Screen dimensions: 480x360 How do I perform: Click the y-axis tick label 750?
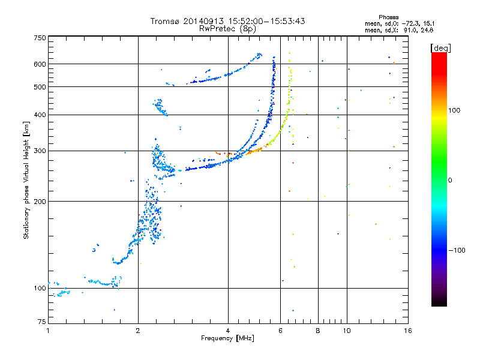click(40, 38)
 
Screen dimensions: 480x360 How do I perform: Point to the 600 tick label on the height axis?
click(40, 64)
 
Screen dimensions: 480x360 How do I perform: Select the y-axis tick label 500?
click(40, 87)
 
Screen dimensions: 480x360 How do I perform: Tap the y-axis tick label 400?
click(40, 115)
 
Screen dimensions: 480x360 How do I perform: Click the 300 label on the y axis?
click(40, 151)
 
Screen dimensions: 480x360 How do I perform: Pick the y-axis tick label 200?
click(40, 202)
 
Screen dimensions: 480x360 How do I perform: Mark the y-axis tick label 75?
click(42, 322)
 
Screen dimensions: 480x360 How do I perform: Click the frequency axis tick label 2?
click(138, 331)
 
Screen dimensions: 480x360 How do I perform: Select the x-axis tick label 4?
click(228, 331)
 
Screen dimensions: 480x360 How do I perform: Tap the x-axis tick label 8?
click(318, 331)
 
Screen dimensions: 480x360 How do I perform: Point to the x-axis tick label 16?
click(408, 331)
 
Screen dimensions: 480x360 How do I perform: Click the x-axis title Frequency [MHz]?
click(228, 338)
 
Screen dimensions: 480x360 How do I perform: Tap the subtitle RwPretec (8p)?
click(228, 29)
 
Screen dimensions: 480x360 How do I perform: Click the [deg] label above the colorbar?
click(440, 48)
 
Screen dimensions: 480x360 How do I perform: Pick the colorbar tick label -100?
click(457, 250)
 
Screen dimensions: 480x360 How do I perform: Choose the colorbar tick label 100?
click(454, 110)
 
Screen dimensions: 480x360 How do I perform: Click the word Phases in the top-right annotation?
click(388, 17)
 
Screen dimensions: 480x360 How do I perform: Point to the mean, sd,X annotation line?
click(399, 31)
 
